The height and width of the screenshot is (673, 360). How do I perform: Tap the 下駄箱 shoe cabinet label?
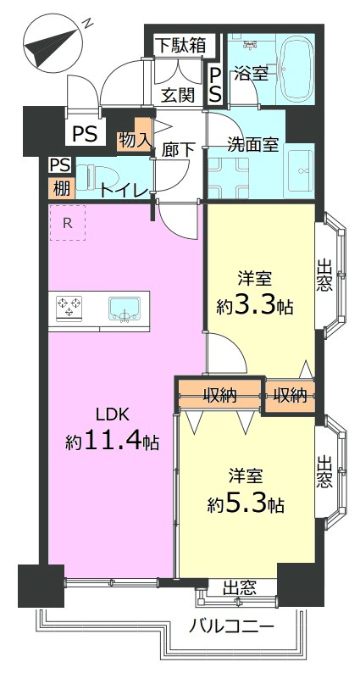pos(180,45)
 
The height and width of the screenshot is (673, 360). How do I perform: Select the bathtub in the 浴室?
pos(297,69)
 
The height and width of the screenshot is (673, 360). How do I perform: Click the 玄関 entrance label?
pos(178,95)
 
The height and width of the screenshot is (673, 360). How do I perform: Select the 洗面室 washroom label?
pos(253,144)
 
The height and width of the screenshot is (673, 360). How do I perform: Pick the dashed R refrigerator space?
pos(68,222)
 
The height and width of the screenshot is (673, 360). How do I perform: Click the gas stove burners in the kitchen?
pos(69,307)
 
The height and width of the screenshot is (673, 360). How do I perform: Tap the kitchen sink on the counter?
pos(124,309)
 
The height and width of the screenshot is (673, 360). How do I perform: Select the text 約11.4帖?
pos(113,441)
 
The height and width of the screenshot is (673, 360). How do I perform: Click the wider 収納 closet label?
pos(220,395)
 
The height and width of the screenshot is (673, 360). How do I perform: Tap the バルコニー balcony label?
pos(232,628)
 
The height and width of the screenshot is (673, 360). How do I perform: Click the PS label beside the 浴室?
pos(215,85)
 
